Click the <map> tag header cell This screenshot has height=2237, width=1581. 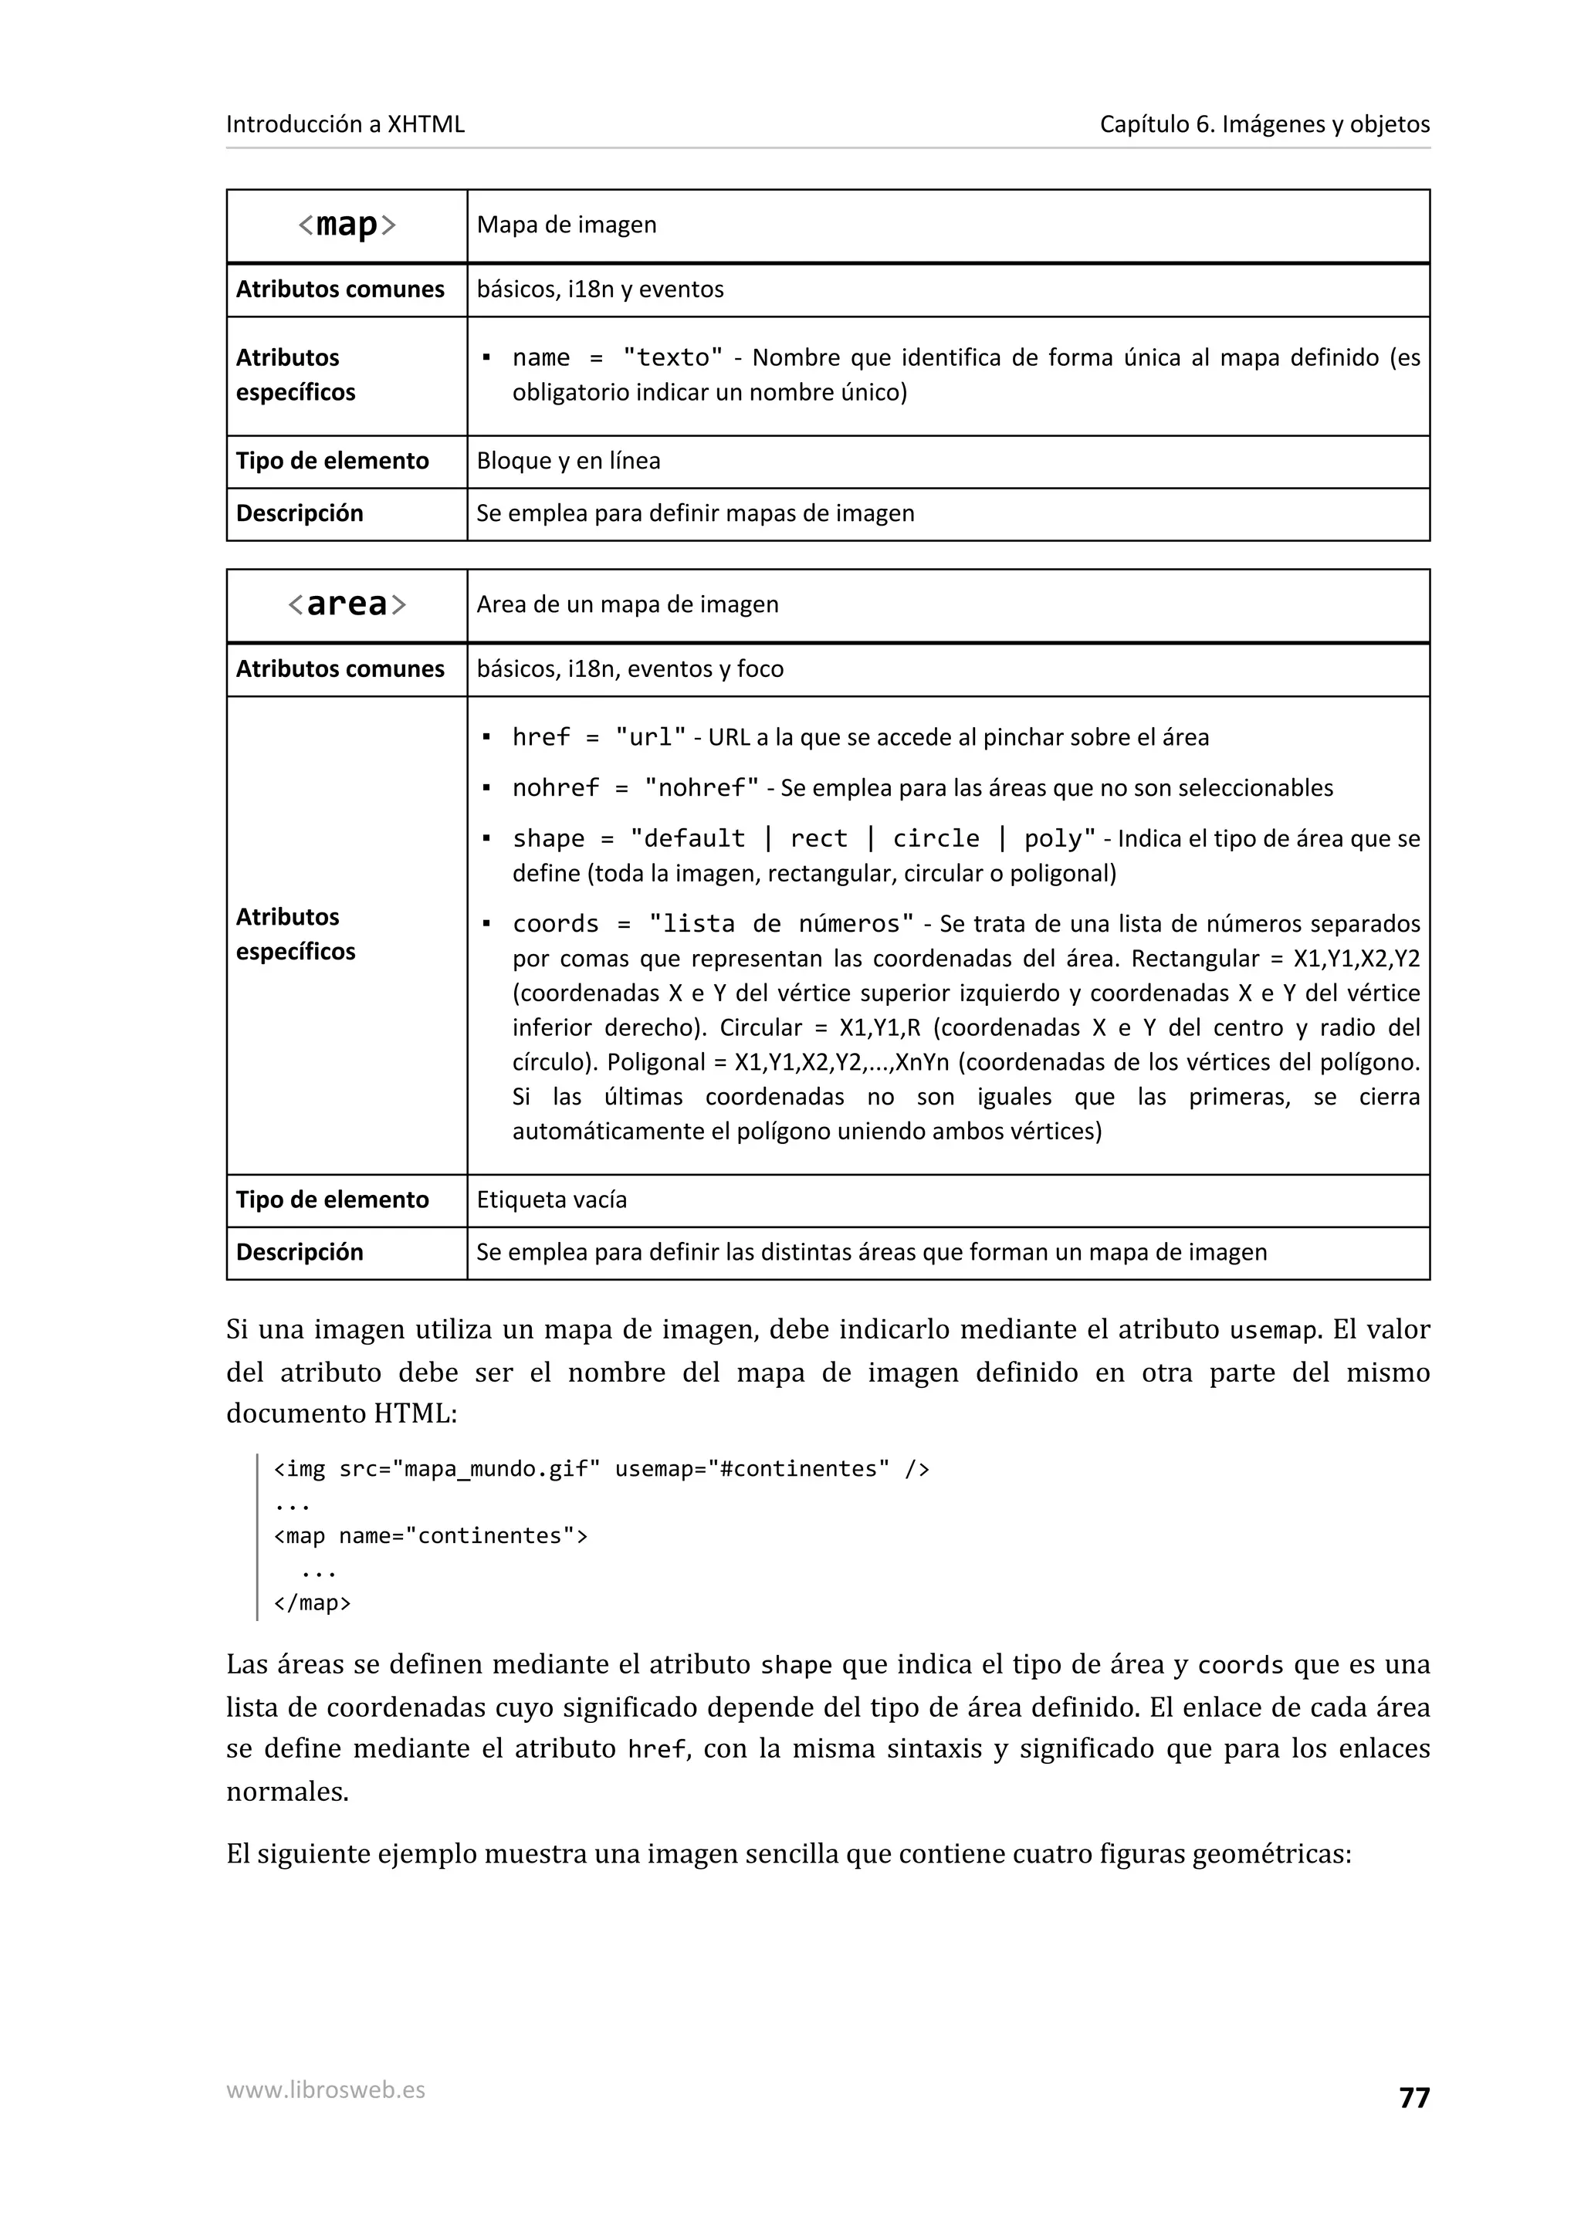(347, 225)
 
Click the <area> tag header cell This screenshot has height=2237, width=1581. (347, 605)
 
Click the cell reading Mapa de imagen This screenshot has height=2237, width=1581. (567, 225)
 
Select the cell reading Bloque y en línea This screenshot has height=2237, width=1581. (568, 461)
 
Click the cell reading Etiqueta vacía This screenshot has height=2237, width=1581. (551, 1200)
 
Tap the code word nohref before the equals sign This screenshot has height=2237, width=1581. (555, 787)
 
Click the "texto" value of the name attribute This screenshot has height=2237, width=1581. (673, 357)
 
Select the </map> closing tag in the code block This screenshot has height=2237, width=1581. (312, 1602)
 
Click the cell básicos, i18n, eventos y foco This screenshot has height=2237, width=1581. (630, 669)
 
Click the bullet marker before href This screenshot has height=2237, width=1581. (486, 737)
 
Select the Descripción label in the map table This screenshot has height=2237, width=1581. (299, 513)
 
